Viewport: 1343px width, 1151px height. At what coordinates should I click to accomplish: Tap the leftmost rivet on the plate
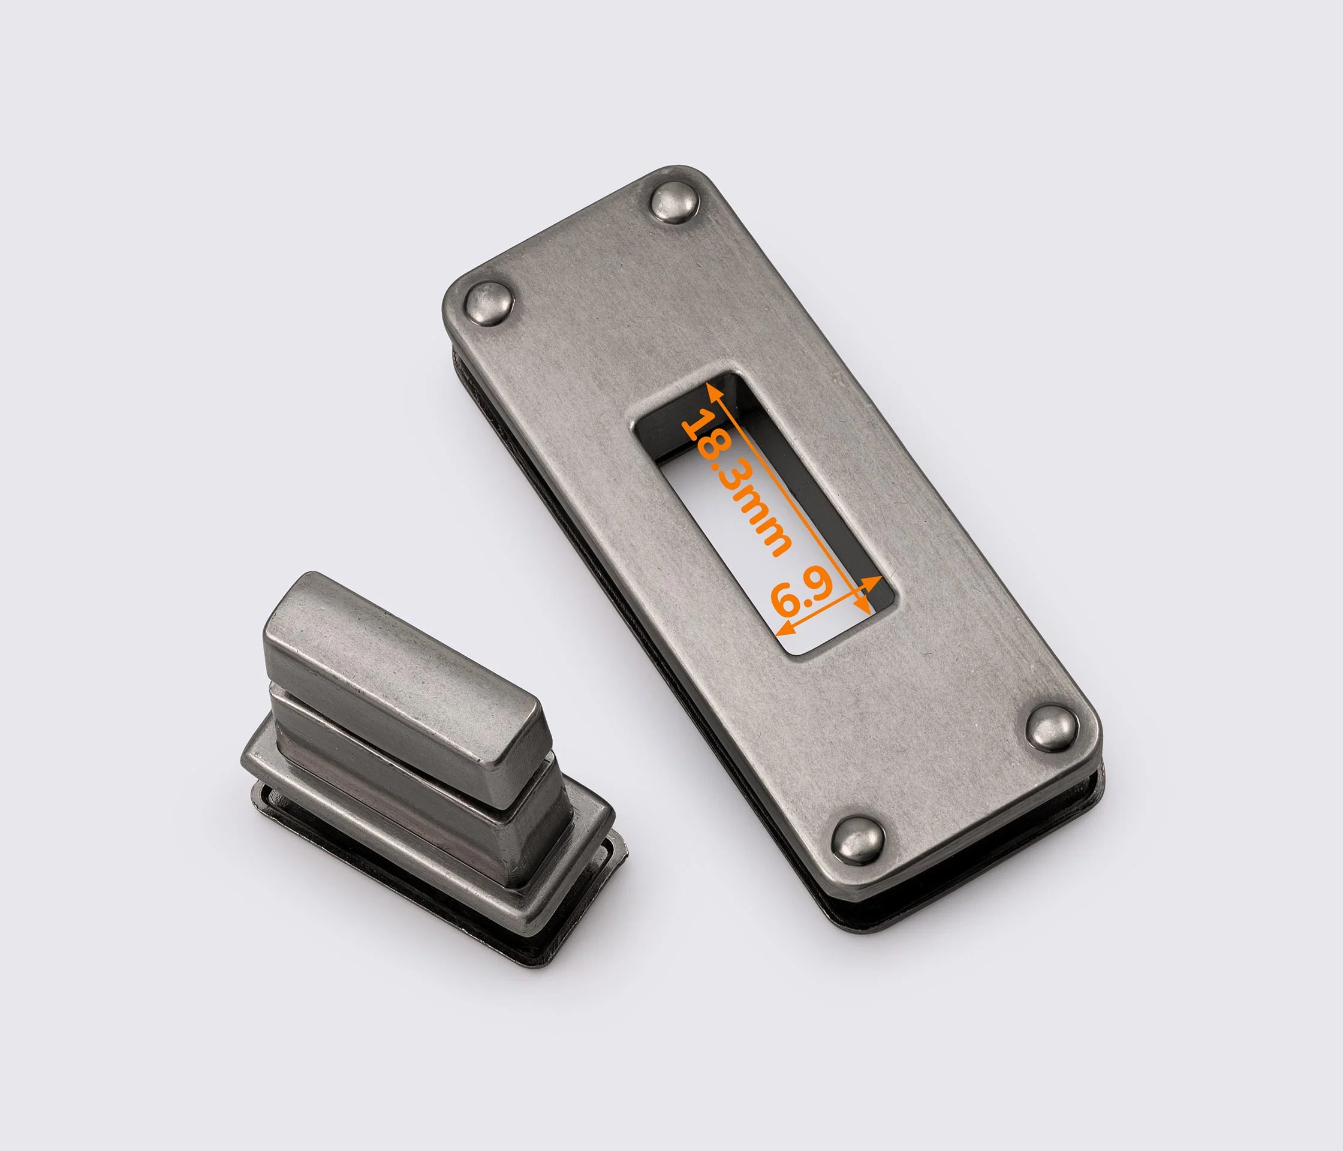click(489, 304)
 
